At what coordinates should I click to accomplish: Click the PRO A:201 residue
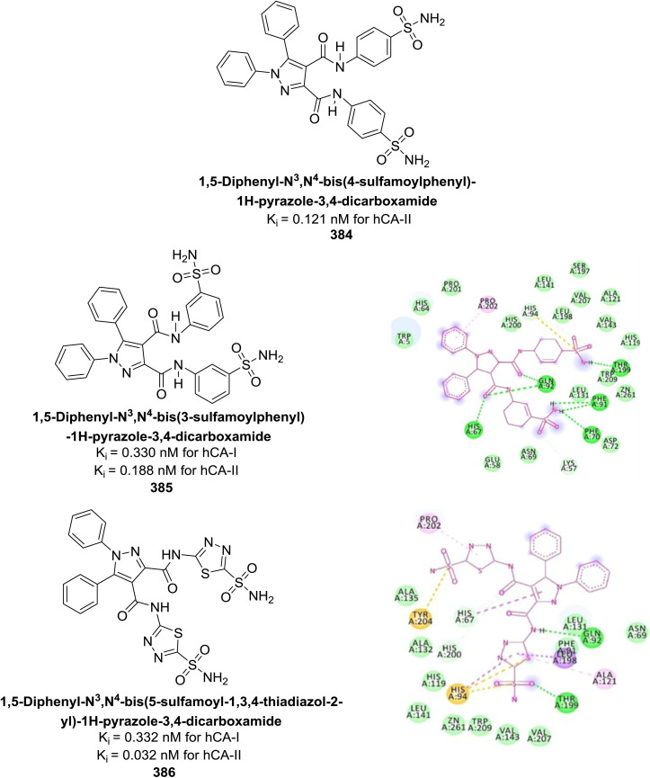[451, 287]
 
